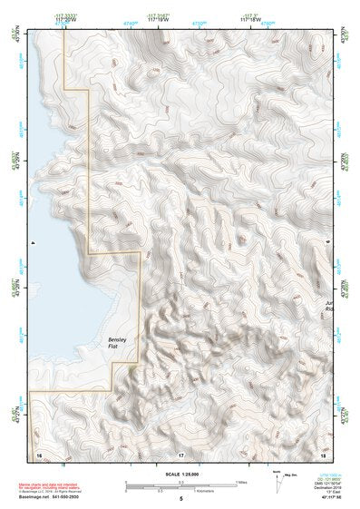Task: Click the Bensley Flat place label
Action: click(x=108, y=343)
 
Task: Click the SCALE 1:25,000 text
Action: click(x=180, y=474)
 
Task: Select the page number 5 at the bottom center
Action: click(x=181, y=499)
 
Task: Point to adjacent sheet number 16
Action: click(x=39, y=452)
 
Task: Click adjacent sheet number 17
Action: click(x=181, y=452)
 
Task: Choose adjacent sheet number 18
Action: click(x=323, y=452)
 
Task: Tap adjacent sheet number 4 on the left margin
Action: click(x=33, y=243)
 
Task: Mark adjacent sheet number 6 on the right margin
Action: click(x=328, y=243)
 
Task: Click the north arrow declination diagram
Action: click(x=278, y=479)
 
